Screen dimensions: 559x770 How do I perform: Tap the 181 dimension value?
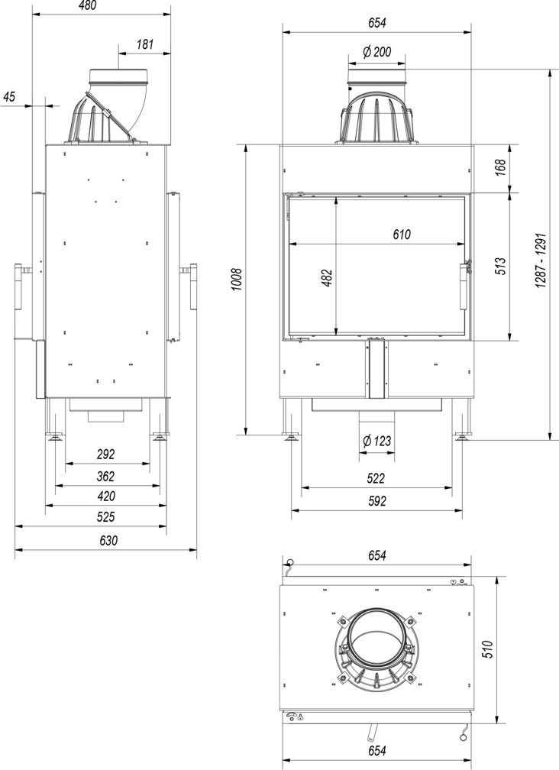[145, 44]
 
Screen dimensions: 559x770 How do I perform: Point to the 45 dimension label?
[10, 97]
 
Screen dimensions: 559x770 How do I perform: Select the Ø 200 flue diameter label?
[377, 52]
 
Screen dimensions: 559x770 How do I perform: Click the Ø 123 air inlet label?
[377, 441]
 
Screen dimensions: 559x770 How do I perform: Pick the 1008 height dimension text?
[237, 280]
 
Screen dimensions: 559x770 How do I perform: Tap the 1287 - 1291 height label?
[541, 260]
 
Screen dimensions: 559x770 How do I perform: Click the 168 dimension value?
[502, 167]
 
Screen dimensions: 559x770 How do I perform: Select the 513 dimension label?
[502, 266]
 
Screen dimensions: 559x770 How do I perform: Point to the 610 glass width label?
[402, 235]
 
